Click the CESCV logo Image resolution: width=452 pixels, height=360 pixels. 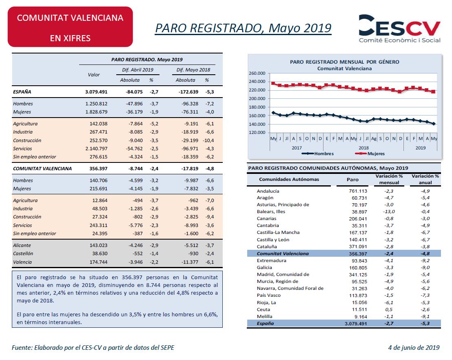(x=399, y=29)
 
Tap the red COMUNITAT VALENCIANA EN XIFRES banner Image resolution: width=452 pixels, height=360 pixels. (x=70, y=27)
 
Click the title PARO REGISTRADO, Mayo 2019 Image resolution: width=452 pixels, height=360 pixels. (x=243, y=28)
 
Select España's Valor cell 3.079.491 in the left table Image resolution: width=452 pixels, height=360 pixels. (x=96, y=92)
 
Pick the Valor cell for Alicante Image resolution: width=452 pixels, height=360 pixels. (x=98, y=245)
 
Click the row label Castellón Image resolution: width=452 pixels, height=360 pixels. (x=23, y=253)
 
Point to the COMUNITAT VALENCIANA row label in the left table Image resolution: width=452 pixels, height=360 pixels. (x=42, y=169)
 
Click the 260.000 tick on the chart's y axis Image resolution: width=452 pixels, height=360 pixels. (x=257, y=73)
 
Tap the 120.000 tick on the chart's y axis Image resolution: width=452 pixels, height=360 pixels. (x=257, y=132)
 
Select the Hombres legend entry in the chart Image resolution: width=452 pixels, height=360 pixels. (x=318, y=153)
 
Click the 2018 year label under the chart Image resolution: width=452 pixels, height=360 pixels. (x=363, y=148)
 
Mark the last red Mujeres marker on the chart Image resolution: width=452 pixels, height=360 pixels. (x=433, y=91)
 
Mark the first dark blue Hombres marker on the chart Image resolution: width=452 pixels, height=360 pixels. (x=273, y=113)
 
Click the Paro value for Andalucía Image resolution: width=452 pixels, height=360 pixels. (x=358, y=191)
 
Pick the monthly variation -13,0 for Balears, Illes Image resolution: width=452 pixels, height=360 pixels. (x=389, y=211)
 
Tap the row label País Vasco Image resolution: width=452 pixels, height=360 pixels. (x=269, y=295)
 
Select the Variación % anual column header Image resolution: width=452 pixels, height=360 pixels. (x=425, y=179)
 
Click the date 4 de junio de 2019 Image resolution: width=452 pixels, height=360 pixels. (x=414, y=348)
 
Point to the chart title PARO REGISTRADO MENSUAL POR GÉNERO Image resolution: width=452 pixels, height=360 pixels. (x=344, y=62)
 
